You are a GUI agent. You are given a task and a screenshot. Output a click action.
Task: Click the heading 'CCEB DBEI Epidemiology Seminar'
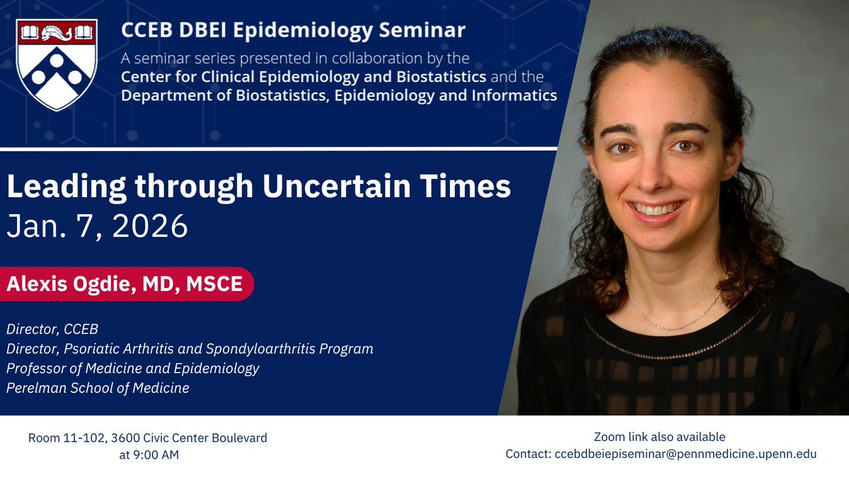[293, 31]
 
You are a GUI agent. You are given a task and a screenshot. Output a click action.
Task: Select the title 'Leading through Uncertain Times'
[258, 188]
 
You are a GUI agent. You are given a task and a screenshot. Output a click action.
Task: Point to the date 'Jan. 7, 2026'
[97, 226]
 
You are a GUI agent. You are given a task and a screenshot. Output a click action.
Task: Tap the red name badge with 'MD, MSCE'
[125, 284]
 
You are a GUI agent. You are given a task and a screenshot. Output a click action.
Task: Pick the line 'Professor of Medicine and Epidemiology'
[133, 368]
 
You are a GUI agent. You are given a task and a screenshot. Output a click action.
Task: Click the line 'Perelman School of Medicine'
[98, 388]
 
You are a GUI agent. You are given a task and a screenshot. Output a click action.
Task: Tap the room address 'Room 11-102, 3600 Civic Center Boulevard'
[148, 438]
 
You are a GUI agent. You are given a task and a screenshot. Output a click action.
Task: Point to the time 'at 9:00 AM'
[149, 455]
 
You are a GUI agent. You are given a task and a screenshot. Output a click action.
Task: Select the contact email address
[683, 454]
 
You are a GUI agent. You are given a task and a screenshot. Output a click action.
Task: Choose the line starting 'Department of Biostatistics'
[339, 95]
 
